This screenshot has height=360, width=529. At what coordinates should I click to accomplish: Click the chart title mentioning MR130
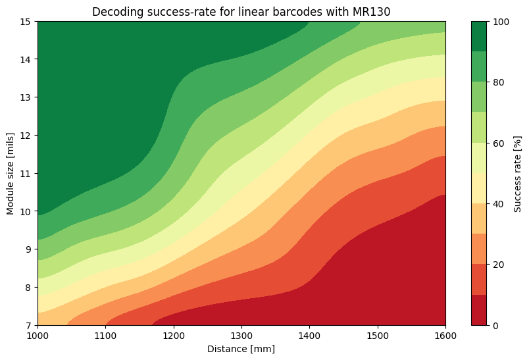click(x=241, y=12)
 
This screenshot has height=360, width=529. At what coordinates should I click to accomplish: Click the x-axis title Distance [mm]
click(x=241, y=349)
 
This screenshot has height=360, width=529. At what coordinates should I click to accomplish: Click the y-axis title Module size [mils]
click(x=11, y=173)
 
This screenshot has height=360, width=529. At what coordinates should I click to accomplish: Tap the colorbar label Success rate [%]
click(x=518, y=173)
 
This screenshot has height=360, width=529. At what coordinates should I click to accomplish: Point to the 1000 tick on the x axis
click(x=38, y=336)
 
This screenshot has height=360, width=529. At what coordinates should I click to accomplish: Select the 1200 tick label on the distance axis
click(x=174, y=336)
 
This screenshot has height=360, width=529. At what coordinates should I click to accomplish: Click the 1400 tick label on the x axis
click(x=309, y=336)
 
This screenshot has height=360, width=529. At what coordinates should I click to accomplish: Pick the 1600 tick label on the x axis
click(x=445, y=336)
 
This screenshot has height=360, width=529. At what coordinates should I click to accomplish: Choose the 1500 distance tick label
click(x=378, y=336)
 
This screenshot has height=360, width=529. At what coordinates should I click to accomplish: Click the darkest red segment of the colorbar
click(x=480, y=310)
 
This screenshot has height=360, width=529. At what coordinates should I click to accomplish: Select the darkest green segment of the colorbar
click(x=480, y=36)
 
